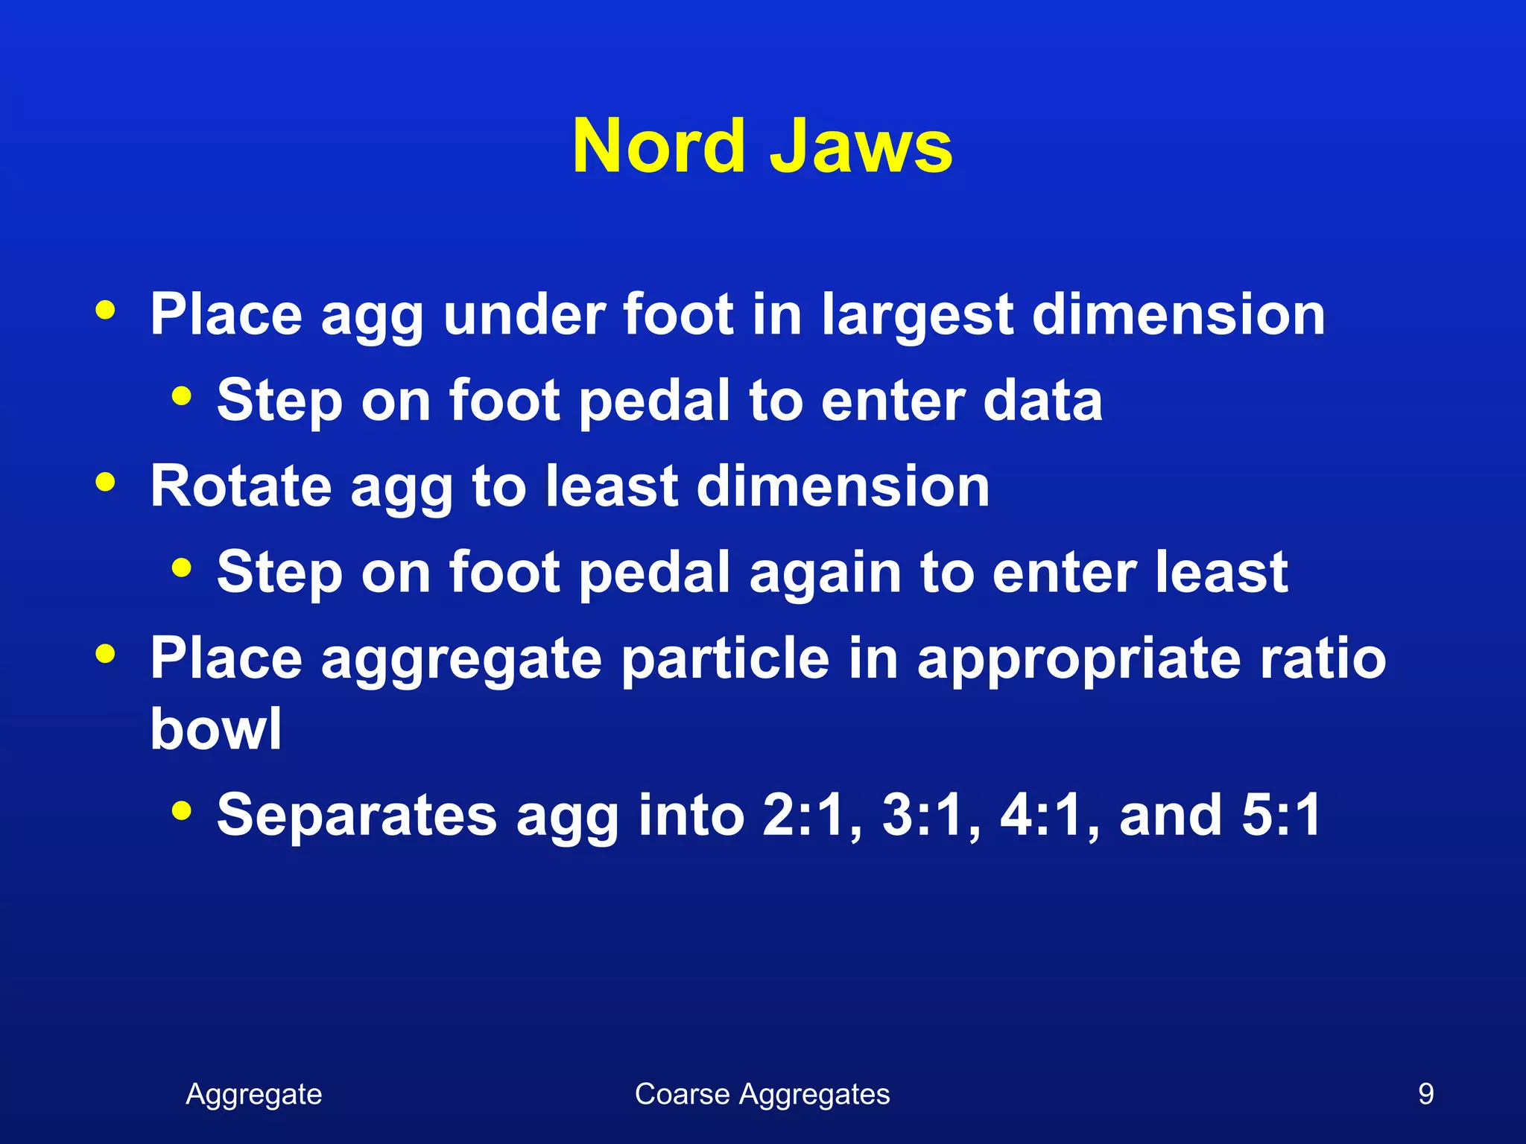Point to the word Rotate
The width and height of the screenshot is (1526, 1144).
241,486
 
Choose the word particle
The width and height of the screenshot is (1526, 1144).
725,658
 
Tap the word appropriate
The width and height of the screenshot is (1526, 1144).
1078,660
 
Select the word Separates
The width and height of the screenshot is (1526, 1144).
357,815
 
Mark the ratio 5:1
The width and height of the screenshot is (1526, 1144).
1281,815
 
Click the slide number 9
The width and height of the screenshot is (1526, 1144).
1425,1094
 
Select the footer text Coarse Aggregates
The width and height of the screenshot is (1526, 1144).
762,1094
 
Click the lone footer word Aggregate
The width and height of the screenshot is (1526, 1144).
254,1094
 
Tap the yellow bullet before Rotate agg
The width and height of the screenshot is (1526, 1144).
106,482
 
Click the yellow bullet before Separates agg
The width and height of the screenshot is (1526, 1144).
181,810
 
